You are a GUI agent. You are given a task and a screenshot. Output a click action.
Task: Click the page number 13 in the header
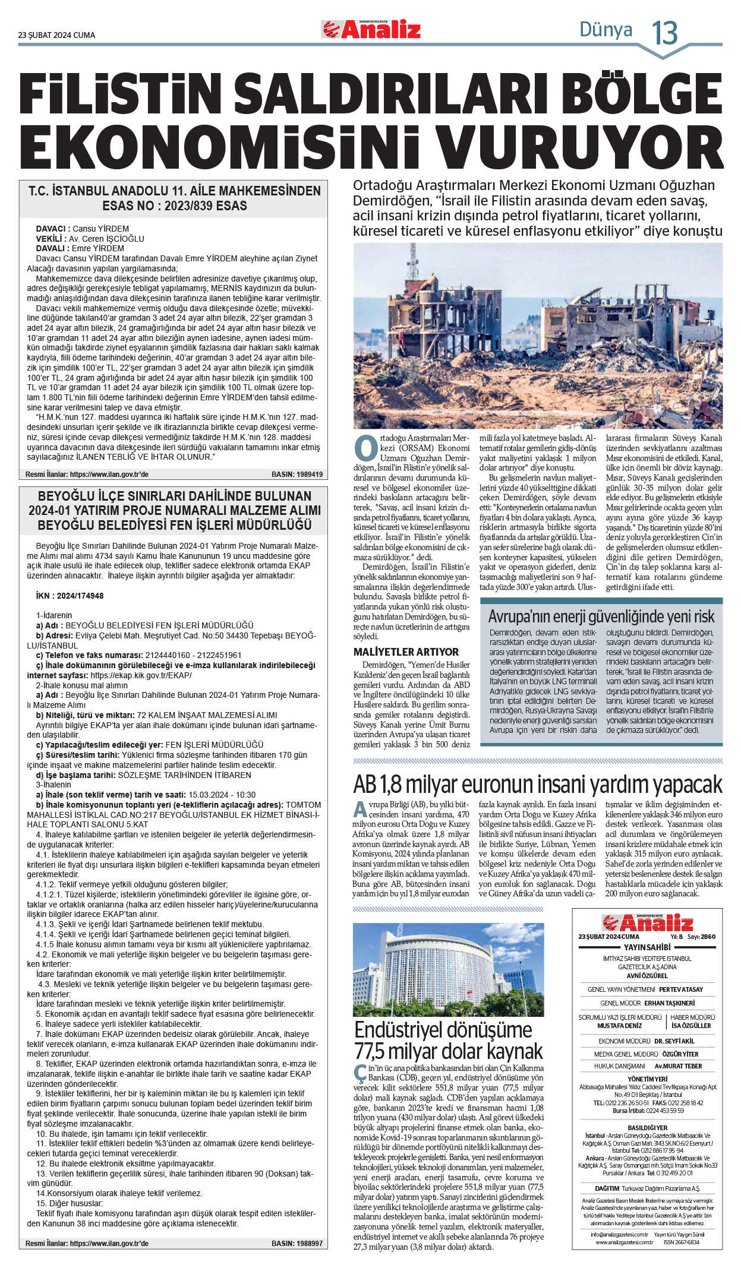[x=665, y=33]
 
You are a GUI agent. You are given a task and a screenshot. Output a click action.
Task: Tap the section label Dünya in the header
[x=606, y=29]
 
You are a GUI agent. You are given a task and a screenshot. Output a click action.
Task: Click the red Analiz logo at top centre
[x=371, y=30]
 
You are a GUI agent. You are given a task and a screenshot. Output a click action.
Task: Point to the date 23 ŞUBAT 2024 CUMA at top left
[x=56, y=35]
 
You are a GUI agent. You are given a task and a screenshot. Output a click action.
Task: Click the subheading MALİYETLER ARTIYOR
[x=406, y=652]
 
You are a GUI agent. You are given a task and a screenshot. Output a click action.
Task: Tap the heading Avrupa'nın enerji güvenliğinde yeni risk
[x=601, y=616]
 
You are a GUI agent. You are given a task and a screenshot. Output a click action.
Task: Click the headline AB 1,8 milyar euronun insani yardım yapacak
[x=537, y=785]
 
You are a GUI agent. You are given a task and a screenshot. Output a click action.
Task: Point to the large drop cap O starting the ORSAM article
[x=365, y=449]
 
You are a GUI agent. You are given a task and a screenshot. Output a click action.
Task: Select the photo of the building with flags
[x=448, y=969]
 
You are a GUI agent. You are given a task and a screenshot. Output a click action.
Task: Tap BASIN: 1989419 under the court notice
[x=297, y=475]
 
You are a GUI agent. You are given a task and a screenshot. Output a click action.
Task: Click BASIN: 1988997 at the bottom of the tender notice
[x=297, y=1243]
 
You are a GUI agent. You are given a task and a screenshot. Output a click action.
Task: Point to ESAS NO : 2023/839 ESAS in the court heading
[x=175, y=206]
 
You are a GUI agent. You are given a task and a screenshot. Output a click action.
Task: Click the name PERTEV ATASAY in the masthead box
[x=680, y=989]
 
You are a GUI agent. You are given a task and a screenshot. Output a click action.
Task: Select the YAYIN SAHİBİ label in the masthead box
[x=647, y=947]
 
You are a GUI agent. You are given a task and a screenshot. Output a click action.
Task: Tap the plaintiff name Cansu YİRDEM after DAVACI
[x=100, y=229]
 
